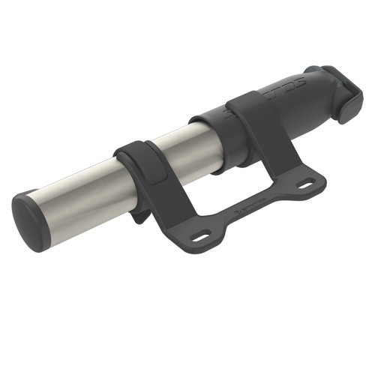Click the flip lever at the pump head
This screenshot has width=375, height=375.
[345, 94]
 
